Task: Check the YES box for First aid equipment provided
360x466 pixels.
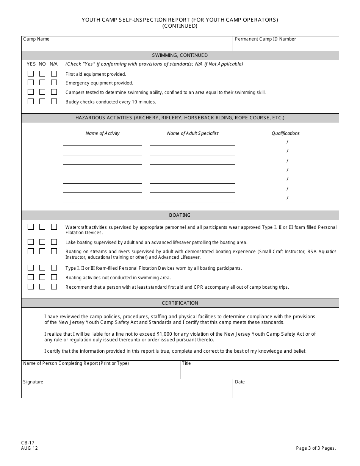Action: point(31,74)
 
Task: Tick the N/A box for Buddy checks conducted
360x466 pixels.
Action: point(54,102)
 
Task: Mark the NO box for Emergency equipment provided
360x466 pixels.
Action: point(42,83)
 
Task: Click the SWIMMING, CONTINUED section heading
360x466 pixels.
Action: point(180,55)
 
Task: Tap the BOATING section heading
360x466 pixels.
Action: point(180,215)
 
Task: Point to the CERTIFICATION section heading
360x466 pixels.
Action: point(180,303)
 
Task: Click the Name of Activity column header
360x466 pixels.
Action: point(102,133)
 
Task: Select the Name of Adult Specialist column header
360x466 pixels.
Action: point(193,133)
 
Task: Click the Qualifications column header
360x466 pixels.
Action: point(285,133)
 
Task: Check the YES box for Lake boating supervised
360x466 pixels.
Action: point(31,242)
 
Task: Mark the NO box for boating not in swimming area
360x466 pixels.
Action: point(42,277)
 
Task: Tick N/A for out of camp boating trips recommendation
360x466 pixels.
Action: point(54,287)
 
